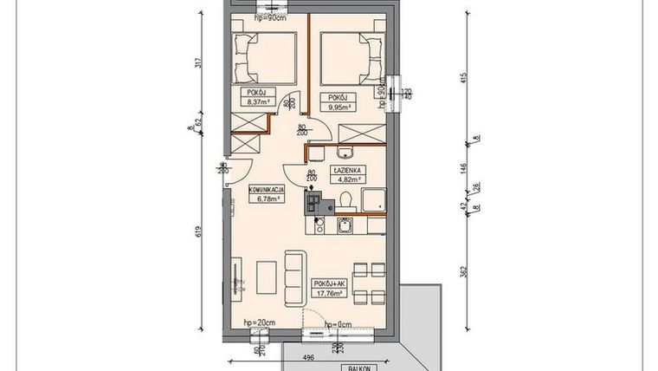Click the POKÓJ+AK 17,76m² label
pos(331,288)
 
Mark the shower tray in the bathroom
pos(374,199)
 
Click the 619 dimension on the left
pos(198,231)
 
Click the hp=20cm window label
pos(257,323)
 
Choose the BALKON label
pos(356,367)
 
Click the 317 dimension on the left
pos(198,62)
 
